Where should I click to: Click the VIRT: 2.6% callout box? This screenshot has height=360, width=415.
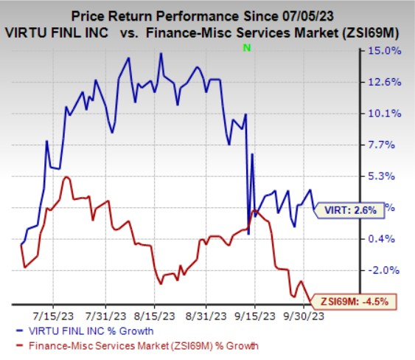pyautogui.click(x=352, y=210)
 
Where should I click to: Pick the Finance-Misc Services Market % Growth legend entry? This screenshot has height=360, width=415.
pyautogui.click(x=138, y=345)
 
